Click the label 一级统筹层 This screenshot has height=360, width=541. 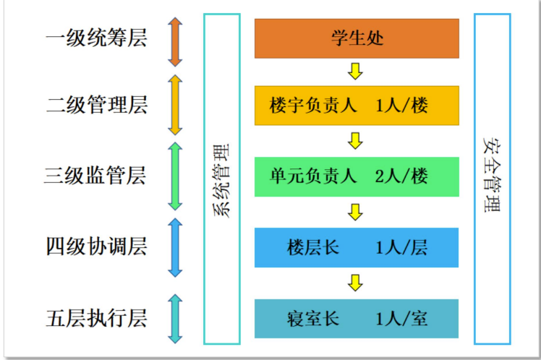pyautogui.click(x=95, y=38)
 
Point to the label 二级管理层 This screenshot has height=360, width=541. pyautogui.click(x=96, y=106)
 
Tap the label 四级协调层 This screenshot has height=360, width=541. pyautogui.click(x=95, y=247)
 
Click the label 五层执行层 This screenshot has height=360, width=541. pyautogui.click(x=95, y=318)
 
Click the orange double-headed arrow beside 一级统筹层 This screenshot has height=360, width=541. pyautogui.click(x=175, y=42)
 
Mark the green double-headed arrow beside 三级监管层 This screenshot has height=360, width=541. pyautogui.click(x=175, y=176)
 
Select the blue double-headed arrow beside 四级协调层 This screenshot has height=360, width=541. pyautogui.click(x=175, y=248)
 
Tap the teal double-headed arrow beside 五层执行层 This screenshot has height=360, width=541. pyautogui.click(x=175, y=318)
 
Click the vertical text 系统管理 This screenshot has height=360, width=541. pyautogui.click(x=222, y=179)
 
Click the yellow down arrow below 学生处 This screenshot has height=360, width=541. pyautogui.click(x=355, y=71)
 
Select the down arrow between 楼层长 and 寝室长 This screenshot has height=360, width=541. pyautogui.click(x=355, y=283)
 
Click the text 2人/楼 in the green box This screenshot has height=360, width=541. pyautogui.click(x=402, y=176)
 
